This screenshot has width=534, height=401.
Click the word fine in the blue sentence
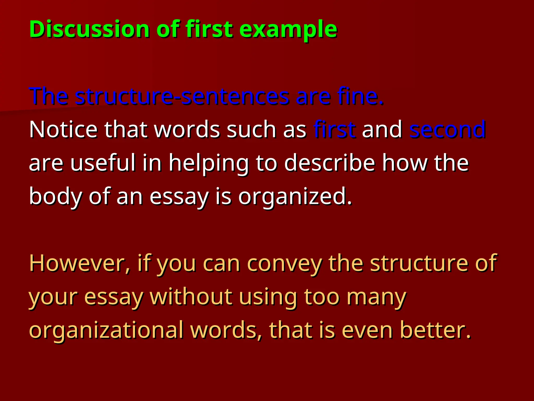[x=360, y=96]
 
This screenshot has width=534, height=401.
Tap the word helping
[x=209, y=163]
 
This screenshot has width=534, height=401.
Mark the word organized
[x=295, y=196]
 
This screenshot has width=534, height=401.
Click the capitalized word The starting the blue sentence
[x=49, y=96]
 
